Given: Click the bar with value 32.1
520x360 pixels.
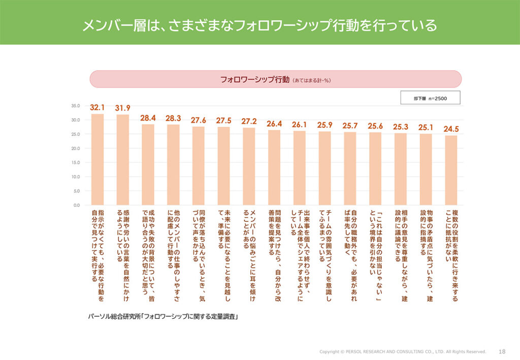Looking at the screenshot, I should point(97,159).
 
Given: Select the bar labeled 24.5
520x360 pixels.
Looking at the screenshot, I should point(451,170).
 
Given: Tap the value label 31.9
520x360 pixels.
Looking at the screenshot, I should point(122,108).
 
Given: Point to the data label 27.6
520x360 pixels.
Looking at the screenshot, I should point(199,120).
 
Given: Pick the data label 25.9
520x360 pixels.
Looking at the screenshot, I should point(324,124).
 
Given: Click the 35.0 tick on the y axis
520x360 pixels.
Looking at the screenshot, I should point(76,106).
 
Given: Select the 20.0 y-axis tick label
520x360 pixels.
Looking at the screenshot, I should point(76,148).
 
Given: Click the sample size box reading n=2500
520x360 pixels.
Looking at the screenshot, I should point(430,98).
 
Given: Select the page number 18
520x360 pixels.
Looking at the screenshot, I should point(502,351).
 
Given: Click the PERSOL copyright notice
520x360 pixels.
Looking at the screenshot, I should point(402,351).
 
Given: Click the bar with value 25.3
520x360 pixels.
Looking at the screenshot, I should point(400,169).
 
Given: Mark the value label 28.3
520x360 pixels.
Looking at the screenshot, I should point(173,118).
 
